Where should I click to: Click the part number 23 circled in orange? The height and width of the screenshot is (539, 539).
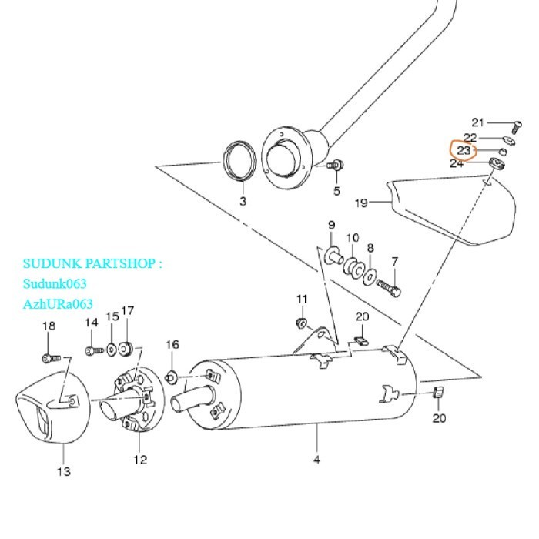coord(464,149)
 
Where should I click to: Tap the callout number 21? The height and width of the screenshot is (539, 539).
coord(478,122)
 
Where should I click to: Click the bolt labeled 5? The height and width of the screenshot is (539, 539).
coord(336,166)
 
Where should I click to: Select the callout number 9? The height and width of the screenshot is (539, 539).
coord(332,225)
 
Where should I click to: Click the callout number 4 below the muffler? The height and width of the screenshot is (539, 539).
coord(316,460)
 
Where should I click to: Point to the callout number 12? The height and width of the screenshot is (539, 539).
coord(139,460)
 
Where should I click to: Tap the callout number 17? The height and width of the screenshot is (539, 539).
coord(128,311)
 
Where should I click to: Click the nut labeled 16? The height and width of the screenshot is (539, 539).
coord(172,376)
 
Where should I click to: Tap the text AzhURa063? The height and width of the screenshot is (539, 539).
coord(58,303)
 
